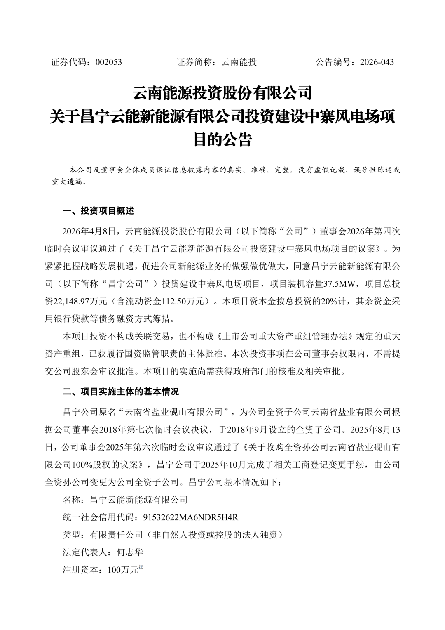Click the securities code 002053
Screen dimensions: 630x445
pyautogui.click(x=108, y=62)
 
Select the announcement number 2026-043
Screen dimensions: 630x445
pyautogui.click(x=377, y=62)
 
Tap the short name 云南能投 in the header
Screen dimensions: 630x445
pyautogui.click(x=239, y=62)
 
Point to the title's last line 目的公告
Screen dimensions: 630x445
pyautogui.click(x=222, y=140)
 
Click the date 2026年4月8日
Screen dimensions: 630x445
pyautogui.click(x=91, y=231)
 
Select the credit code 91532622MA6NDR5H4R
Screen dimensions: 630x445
pyautogui.click(x=191, y=517)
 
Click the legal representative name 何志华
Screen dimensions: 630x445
pyautogui.click(x=130, y=552)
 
